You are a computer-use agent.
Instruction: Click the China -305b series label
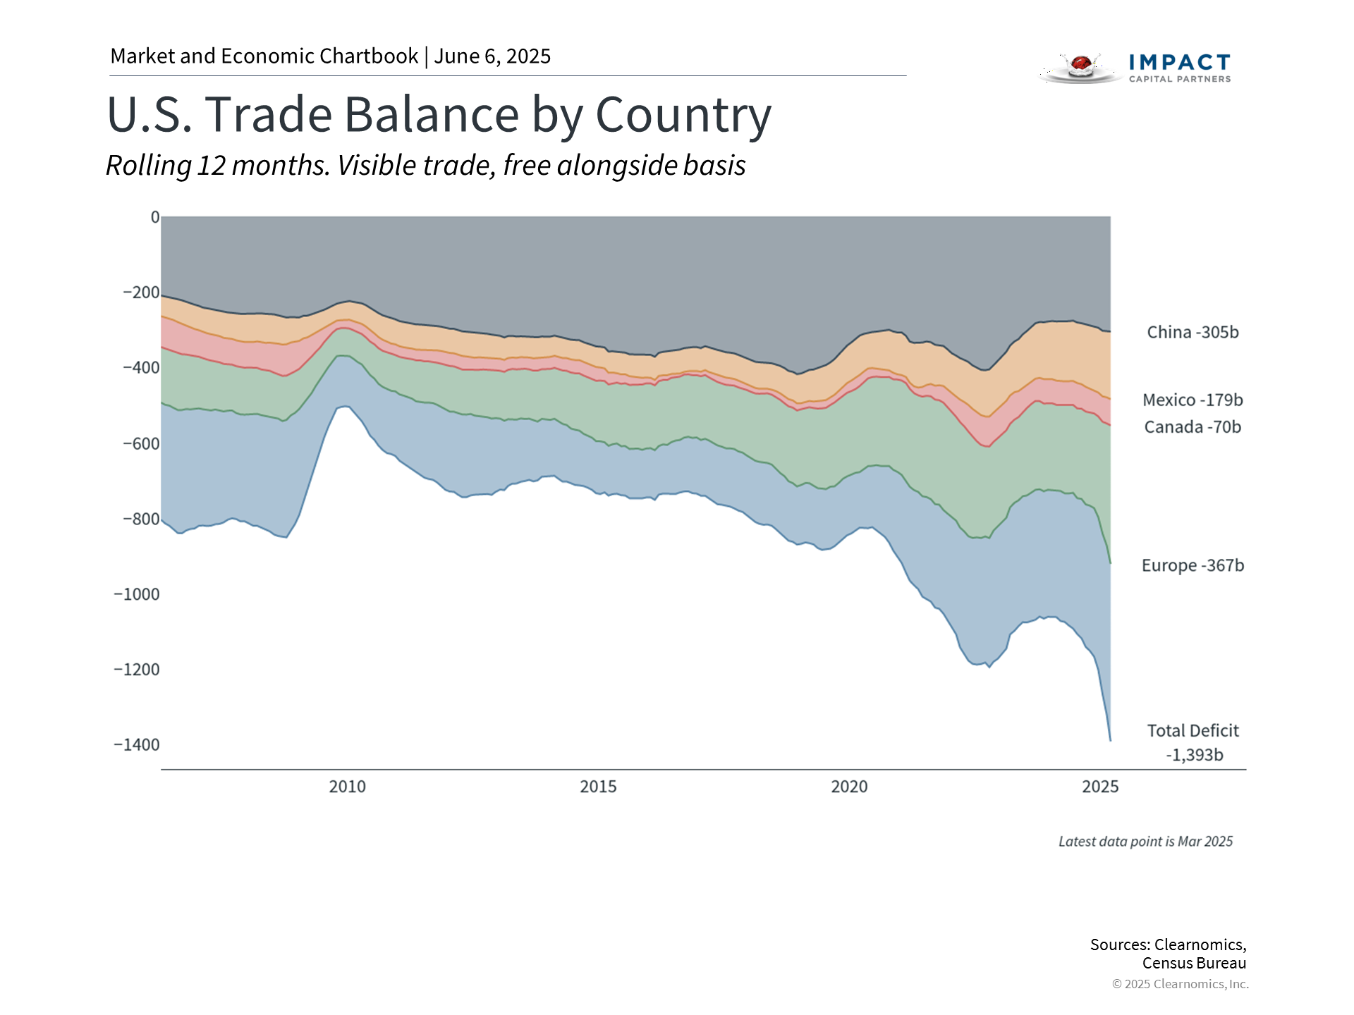pos(1193,332)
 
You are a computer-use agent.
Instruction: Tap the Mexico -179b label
pos(1193,400)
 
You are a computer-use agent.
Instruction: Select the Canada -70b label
pos(1193,427)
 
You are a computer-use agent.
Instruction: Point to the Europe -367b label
pos(1193,565)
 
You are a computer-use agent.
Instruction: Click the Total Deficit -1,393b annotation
pos(1193,742)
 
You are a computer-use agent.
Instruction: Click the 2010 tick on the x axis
pos(347,787)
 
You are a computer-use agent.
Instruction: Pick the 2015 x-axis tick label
pos(598,787)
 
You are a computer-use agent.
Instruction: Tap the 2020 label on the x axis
pos(849,787)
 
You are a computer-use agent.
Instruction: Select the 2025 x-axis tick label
pos(1100,787)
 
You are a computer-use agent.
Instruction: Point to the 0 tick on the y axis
pos(155,217)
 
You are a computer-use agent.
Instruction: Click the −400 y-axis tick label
pos(141,367)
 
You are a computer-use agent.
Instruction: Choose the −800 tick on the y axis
pos(141,519)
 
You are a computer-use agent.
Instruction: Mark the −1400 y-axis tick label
pos(137,745)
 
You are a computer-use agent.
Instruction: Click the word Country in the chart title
pos(683,115)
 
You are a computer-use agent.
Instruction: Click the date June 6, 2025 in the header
pos(492,56)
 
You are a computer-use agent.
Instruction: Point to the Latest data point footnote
pos(1145,842)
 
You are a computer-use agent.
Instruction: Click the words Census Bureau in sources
pos(1194,963)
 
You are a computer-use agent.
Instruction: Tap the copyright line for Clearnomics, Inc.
pos(1180,984)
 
